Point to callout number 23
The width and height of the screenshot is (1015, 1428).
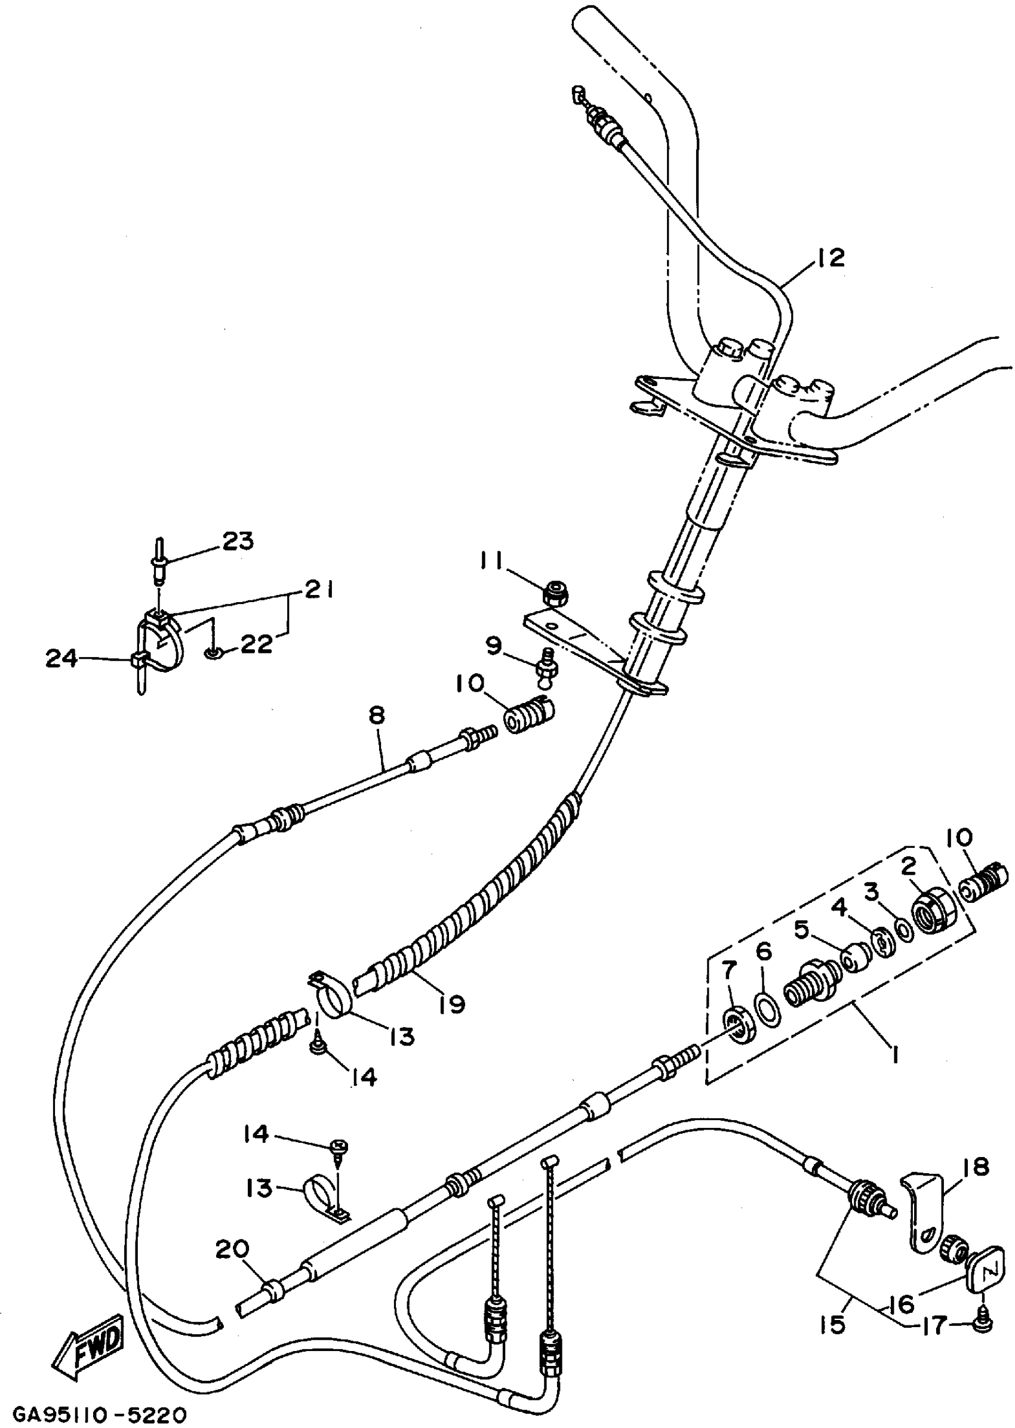pyautogui.click(x=238, y=541)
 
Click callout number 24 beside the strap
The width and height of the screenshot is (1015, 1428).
pyautogui.click(x=61, y=658)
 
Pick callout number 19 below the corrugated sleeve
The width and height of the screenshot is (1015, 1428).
pyautogui.click(x=453, y=1004)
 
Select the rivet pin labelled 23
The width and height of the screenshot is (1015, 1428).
pyautogui.click(x=159, y=563)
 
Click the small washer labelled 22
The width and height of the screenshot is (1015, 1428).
pyautogui.click(x=212, y=653)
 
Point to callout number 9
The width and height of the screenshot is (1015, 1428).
pyautogui.click(x=494, y=645)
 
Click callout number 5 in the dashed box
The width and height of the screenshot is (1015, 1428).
pyautogui.click(x=802, y=930)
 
